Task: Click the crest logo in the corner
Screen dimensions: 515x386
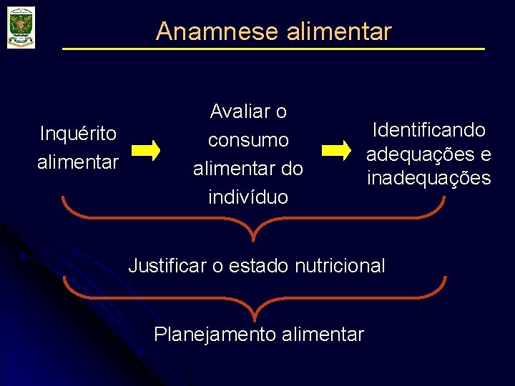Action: [x=21, y=27]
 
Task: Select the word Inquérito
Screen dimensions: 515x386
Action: [x=78, y=134]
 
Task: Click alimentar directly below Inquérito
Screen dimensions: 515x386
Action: [x=78, y=162]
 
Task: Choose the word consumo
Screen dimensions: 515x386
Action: [x=248, y=140]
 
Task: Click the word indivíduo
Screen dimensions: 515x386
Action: [x=248, y=197]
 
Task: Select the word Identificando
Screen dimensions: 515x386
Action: [x=428, y=130]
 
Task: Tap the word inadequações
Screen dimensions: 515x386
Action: [x=428, y=178]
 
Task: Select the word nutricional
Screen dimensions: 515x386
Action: [x=340, y=266]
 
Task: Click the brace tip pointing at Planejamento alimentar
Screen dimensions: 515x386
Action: [x=255, y=315]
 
